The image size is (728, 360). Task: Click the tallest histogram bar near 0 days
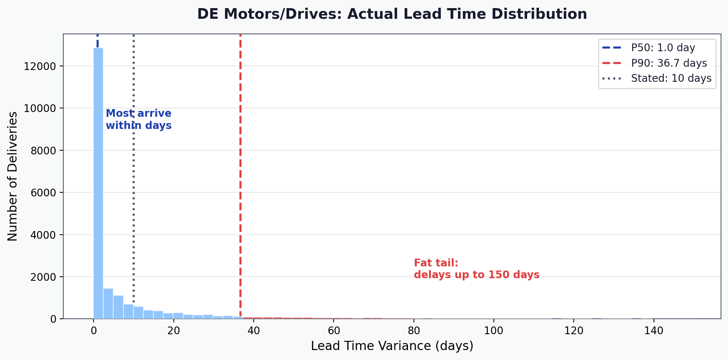[x=98, y=184]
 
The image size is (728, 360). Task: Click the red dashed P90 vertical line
[x=240, y=166]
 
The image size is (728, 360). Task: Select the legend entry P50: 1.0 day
[x=663, y=48]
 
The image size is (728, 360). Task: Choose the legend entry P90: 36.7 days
[x=669, y=63]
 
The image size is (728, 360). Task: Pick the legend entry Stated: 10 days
[x=671, y=78]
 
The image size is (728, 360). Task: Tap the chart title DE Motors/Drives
[x=392, y=14]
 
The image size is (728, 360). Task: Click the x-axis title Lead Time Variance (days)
[x=392, y=346]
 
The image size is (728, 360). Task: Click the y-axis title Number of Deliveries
[x=13, y=176]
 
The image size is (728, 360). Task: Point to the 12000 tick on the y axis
[x=39, y=66]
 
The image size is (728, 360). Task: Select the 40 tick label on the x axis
[x=253, y=331]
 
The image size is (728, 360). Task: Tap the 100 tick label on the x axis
[x=493, y=331]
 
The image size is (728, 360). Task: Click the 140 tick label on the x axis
[x=654, y=331]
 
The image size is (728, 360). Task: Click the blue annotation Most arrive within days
[x=138, y=119]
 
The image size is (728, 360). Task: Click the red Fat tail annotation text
[x=476, y=269]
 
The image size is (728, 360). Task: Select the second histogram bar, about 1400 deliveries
[x=108, y=304]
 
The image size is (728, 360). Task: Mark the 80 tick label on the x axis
[x=414, y=331]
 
